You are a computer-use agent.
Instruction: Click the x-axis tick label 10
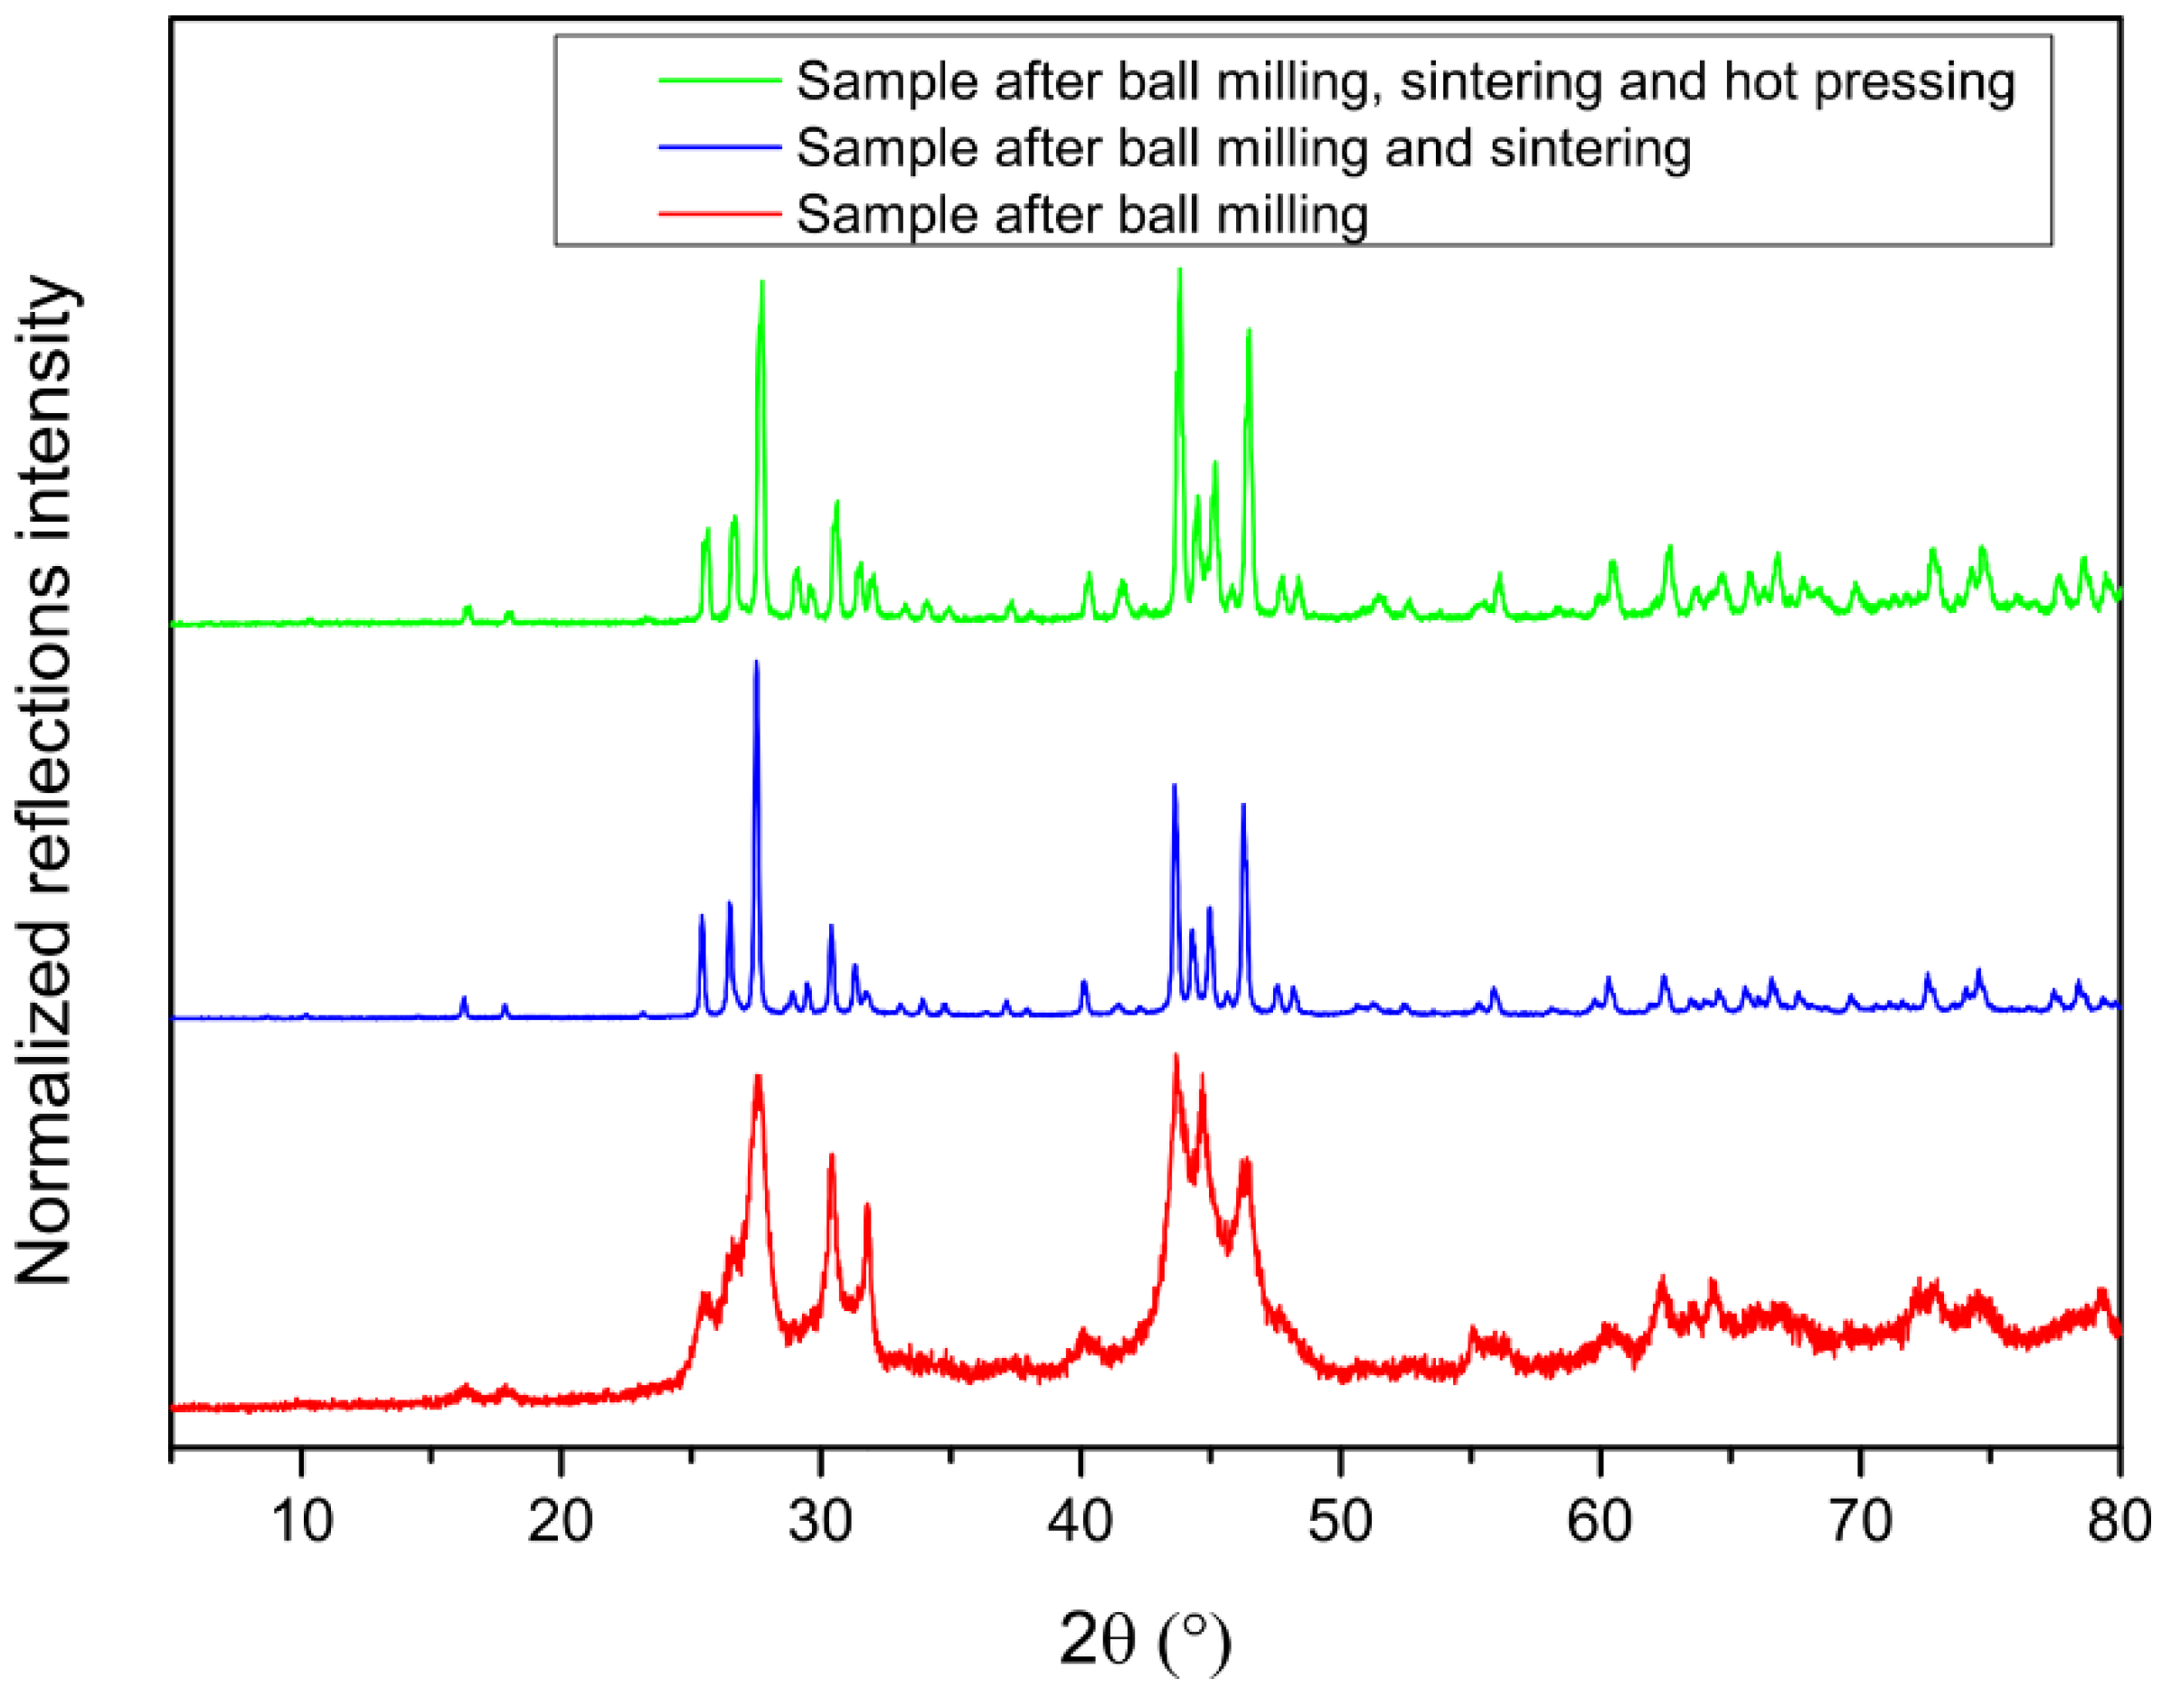pyautogui.click(x=301, y=1521)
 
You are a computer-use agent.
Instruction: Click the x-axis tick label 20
pyautogui.click(x=561, y=1521)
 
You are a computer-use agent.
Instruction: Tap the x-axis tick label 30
pyautogui.click(x=820, y=1521)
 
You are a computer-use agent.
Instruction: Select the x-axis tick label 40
pyautogui.click(x=1081, y=1521)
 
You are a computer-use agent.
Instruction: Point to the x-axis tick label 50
pyautogui.click(x=1340, y=1521)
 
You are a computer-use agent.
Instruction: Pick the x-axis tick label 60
pyautogui.click(x=1600, y=1521)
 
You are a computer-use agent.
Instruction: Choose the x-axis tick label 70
pyautogui.click(x=1860, y=1521)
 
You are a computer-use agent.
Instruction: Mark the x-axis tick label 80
pyautogui.click(x=2118, y=1521)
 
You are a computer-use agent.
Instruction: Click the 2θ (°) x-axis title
pyautogui.click(x=1144, y=1640)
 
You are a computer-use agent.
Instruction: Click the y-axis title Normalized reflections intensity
pyautogui.click(x=44, y=780)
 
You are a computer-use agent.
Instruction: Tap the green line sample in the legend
pyautogui.click(x=720, y=80)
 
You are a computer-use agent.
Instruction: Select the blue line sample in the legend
pyautogui.click(x=720, y=147)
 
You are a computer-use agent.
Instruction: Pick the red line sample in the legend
pyautogui.click(x=720, y=213)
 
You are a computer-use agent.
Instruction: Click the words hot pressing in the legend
pyautogui.click(x=1869, y=82)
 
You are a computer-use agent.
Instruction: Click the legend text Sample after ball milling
pyautogui.click(x=1081, y=214)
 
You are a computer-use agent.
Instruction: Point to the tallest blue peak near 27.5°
pyautogui.click(x=757, y=663)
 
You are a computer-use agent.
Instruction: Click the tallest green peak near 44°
pyautogui.click(x=1180, y=270)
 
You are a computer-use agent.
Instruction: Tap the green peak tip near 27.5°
pyautogui.click(x=761, y=283)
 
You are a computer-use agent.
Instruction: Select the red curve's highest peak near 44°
pyautogui.click(x=1177, y=1057)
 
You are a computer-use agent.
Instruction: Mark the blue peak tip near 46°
pyautogui.click(x=1243, y=806)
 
